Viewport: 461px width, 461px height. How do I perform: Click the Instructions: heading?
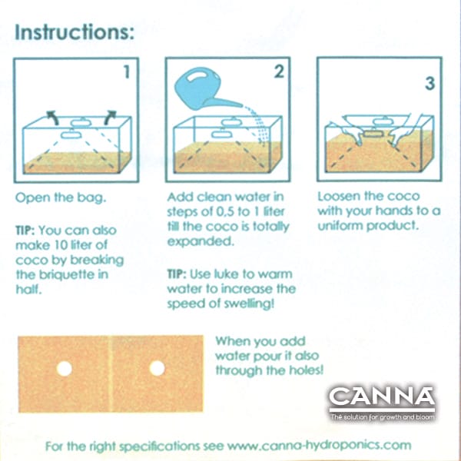(75, 32)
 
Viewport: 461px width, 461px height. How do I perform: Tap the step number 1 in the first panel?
(127, 71)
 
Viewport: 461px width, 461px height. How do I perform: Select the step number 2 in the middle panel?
(279, 71)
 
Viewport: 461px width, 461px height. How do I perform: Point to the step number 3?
(429, 83)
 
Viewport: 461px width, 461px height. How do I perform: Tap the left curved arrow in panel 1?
(52, 117)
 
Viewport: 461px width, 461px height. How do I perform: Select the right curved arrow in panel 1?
(110, 117)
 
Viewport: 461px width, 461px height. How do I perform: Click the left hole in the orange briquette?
(64, 368)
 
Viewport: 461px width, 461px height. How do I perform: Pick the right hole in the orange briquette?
(157, 368)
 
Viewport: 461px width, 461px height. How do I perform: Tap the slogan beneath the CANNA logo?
(382, 416)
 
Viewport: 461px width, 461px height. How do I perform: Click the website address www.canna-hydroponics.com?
(320, 446)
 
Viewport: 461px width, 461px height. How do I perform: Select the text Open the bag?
(61, 197)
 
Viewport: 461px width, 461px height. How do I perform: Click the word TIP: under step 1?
(25, 230)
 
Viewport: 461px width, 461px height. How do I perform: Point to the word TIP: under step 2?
(177, 274)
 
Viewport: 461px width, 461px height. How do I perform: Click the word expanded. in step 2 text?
(201, 242)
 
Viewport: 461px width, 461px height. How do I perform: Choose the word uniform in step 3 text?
(340, 225)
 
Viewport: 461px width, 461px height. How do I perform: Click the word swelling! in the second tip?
(249, 304)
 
